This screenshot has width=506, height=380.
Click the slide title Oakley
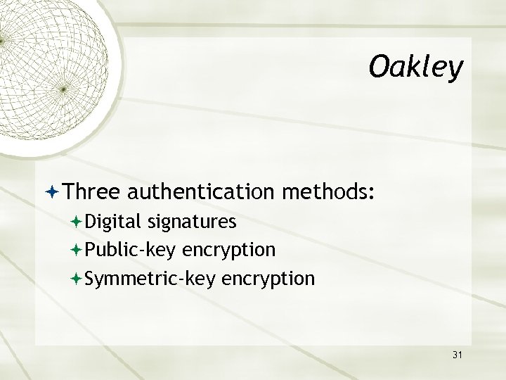point(416,68)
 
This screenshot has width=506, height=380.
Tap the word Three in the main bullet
point(96,192)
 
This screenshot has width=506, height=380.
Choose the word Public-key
point(131,250)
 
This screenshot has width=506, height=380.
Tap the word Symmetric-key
point(150,279)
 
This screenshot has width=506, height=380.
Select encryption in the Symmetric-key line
point(268,279)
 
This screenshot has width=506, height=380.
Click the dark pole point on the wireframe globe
point(63,89)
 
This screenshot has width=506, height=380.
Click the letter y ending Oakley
point(457,70)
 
